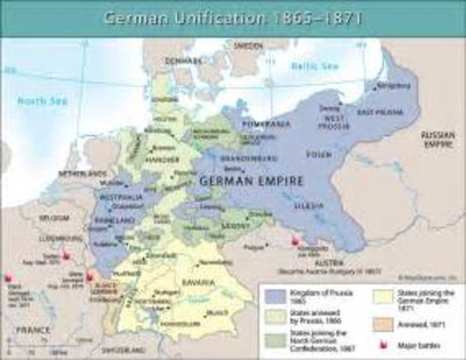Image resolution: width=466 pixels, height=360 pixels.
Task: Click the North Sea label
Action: tap(42, 100)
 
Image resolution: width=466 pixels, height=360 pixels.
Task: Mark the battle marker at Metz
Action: tap(91, 275)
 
